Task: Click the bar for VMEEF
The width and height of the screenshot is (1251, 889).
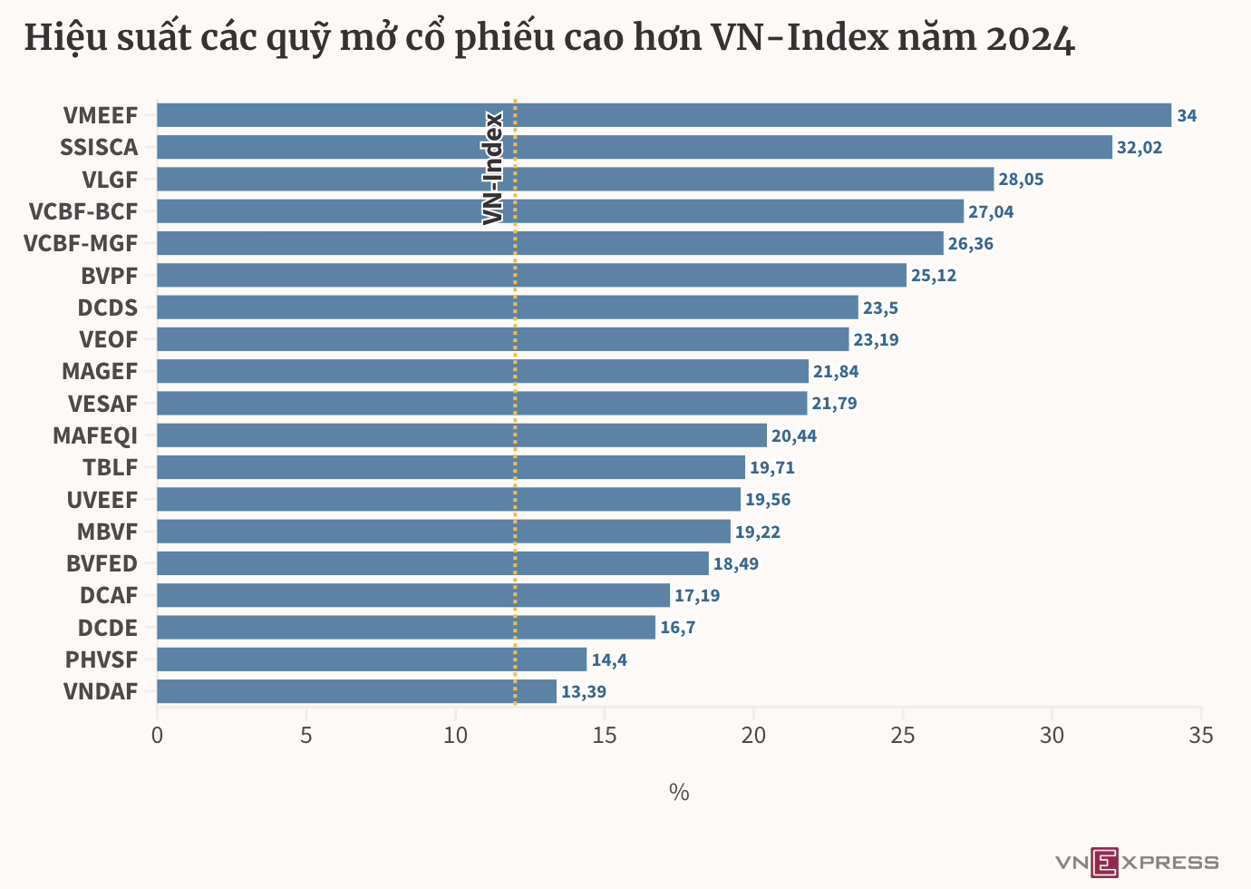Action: point(664,115)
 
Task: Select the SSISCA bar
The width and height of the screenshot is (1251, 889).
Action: point(635,147)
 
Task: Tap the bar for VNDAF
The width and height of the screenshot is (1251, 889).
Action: point(357,691)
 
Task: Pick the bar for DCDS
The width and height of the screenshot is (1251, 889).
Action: point(508,308)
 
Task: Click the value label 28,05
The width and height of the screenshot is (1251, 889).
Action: point(1021,180)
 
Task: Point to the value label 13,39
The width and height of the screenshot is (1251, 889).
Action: point(584,692)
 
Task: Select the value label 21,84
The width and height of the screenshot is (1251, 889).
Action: point(836,372)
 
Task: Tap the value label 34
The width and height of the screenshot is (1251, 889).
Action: point(1187,116)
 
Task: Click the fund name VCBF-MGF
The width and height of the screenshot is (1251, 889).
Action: point(81,244)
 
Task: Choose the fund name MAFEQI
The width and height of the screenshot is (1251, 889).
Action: point(95,435)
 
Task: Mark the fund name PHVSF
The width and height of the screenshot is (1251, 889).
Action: point(102,659)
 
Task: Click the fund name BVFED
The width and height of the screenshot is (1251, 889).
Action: point(102,564)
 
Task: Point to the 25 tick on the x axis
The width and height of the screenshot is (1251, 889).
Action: point(903,736)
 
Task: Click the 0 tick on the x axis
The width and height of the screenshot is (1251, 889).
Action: point(157,736)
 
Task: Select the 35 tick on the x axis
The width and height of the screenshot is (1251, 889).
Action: point(1201,736)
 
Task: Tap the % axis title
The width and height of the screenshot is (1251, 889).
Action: point(679,792)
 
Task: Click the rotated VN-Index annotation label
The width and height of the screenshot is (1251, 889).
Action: point(492,168)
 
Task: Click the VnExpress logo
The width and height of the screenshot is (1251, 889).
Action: point(1137,863)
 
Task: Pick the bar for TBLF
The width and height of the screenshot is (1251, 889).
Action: point(451,467)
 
